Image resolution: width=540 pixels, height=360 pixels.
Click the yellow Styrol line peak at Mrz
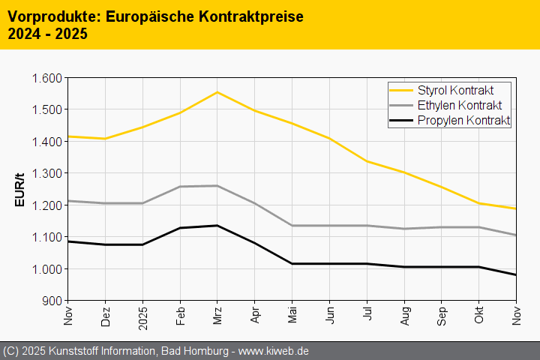pyautogui.click(x=217, y=92)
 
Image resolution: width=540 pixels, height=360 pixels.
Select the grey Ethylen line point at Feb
pyautogui.click(x=180, y=187)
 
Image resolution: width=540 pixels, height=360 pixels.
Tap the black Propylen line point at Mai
pyautogui.click(x=292, y=263)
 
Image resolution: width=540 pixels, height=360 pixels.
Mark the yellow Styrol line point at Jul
pyautogui.click(x=367, y=161)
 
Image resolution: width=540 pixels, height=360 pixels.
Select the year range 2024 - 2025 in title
pyautogui.click(x=47, y=34)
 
